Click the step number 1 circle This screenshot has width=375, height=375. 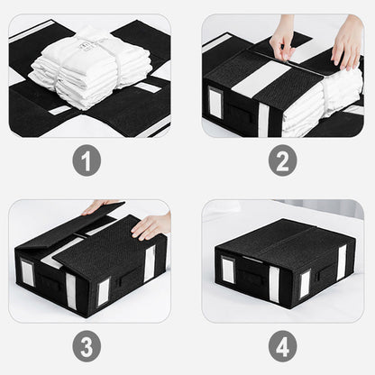click(87, 161)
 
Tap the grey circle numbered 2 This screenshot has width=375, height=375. click(283, 161)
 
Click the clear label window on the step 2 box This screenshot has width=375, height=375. click(215, 101)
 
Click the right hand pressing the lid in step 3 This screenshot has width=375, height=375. click(151, 226)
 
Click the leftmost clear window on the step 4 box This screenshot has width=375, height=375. click(228, 270)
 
